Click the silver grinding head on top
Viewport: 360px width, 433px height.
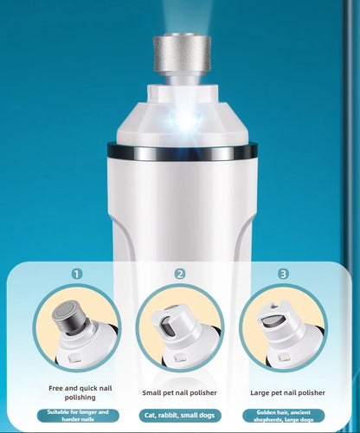click(182, 53)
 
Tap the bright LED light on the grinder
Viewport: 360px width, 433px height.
click(185, 120)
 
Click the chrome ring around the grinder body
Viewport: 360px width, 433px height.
click(182, 152)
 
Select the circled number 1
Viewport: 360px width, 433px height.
click(77, 274)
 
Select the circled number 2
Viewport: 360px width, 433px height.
click(180, 274)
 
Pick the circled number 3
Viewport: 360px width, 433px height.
click(283, 274)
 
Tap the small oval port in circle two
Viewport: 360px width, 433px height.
click(167, 326)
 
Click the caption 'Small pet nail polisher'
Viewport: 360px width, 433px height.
click(179, 392)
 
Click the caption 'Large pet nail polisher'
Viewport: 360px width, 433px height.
click(287, 392)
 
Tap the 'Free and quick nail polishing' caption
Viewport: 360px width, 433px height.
click(80, 392)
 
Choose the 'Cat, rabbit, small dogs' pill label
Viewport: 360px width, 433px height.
click(180, 416)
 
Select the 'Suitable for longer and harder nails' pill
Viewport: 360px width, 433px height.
click(78, 416)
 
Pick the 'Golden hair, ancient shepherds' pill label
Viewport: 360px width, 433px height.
click(283, 416)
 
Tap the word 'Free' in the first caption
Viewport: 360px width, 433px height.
click(55, 388)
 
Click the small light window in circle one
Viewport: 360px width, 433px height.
click(74, 359)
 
